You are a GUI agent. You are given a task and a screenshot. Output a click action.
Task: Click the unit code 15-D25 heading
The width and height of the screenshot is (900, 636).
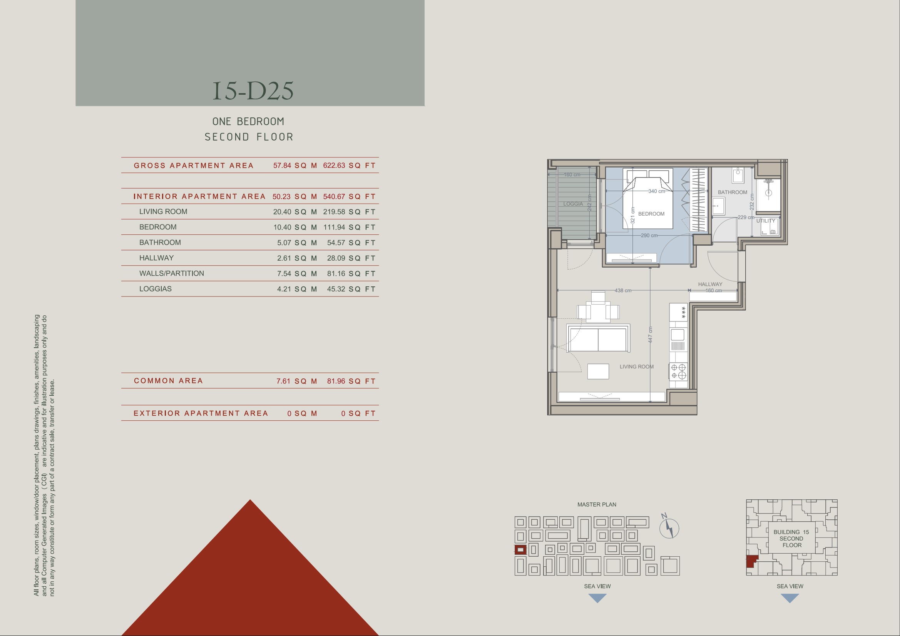(x=253, y=90)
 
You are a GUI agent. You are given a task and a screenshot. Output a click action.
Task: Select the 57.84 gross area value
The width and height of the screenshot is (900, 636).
(x=282, y=166)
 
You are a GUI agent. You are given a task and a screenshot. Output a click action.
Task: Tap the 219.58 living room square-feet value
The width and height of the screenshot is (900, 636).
(x=334, y=212)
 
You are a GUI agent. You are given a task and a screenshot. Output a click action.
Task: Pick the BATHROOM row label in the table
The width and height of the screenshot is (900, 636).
(x=160, y=242)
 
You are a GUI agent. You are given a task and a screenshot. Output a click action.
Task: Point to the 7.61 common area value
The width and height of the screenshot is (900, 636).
(x=284, y=381)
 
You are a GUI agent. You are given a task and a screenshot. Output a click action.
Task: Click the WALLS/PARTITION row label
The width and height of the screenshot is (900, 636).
(x=172, y=273)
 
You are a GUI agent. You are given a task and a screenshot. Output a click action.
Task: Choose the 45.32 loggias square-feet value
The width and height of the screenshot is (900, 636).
(x=336, y=289)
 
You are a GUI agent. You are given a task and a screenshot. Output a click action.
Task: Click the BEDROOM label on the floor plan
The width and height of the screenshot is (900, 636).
(x=651, y=214)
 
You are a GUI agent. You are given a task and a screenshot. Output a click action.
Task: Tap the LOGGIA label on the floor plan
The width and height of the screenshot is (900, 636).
(x=573, y=204)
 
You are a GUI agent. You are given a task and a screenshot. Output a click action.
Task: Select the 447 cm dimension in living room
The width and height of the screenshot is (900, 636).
(x=650, y=335)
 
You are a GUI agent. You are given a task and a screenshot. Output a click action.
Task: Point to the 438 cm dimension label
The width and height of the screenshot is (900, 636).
(x=623, y=291)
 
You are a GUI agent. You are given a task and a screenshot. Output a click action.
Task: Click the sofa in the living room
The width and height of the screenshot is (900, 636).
(x=598, y=338)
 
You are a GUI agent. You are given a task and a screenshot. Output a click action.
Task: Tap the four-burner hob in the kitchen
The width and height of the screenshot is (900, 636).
(x=679, y=372)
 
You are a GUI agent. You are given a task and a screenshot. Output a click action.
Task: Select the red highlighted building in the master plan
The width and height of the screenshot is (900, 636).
(x=520, y=550)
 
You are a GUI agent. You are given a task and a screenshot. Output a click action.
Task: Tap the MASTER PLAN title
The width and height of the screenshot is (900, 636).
(x=597, y=505)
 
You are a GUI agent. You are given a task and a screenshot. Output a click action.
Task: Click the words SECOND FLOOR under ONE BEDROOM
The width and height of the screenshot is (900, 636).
(x=249, y=137)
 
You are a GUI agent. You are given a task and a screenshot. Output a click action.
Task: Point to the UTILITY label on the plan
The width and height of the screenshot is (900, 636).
(x=766, y=221)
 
